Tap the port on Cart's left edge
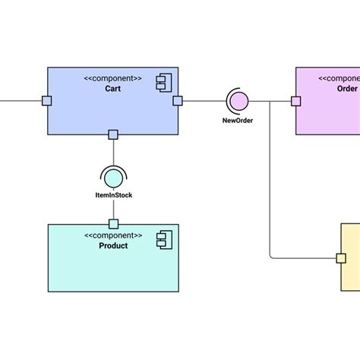coord(47,100)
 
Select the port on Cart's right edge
coord(178,100)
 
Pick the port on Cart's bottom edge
coord(113,134)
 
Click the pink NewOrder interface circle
coord(238,100)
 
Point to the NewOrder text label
coord(238,120)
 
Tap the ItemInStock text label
coord(113,196)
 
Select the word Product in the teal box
coord(113,245)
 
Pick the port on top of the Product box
coord(113,224)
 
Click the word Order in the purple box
coord(346,88)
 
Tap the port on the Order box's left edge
coord(295,100)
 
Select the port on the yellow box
coord(341,258)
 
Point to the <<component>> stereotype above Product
coord(113,235)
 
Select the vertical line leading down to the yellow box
coord(270,182)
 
